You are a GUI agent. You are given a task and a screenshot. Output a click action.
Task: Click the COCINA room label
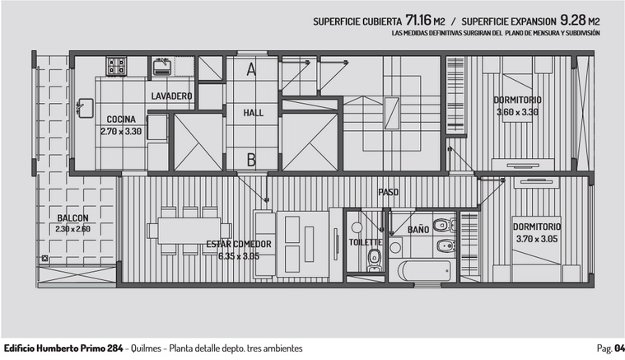pos(121,119)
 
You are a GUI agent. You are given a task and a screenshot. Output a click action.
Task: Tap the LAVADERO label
pos(172,96)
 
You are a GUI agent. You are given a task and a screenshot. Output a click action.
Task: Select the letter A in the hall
pos(251,69)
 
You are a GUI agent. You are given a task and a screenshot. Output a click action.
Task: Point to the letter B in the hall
pos(251,160)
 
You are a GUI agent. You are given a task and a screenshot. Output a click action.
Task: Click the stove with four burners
pos(116,66)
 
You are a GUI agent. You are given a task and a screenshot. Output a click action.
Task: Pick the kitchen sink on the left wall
pos(86,108)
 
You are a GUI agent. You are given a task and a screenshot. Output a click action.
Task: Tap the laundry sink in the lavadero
pos(162,67)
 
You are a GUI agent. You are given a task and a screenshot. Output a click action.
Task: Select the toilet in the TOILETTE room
pos(375,259)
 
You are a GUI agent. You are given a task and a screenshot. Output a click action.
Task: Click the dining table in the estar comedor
pos(189,231)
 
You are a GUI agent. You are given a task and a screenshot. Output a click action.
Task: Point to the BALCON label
pos(73,218)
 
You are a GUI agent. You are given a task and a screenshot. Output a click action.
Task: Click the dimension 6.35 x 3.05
pos(239,256)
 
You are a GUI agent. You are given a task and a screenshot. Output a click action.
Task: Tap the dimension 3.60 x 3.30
pos(517,112)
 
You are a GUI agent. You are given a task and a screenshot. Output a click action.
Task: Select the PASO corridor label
pos(388,192)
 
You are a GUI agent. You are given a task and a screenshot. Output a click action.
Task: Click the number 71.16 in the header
pos(418,20)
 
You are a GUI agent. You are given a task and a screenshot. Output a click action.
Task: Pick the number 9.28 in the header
pos(573,20)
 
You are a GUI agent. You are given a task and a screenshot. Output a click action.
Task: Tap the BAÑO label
pos(418,230)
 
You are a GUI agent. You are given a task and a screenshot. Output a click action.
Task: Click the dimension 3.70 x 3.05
pos(538,239)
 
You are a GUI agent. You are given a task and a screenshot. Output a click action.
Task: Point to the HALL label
pos(254,113)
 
